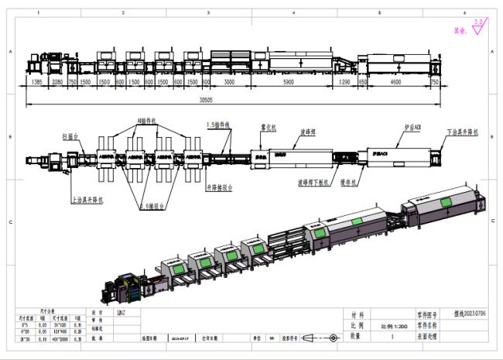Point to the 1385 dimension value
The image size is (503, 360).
(36, 81)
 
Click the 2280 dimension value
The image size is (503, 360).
(56, 81)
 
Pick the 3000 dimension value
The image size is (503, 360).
(229, 81)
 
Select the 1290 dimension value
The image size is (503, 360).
(344, 81)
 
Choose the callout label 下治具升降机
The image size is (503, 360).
(462, 132)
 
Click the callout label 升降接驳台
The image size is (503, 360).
(221, 187)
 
